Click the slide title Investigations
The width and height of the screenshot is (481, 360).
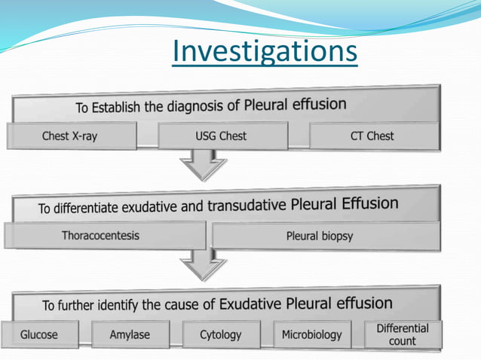click(264, 52)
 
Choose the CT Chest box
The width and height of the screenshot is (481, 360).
click(372, 136)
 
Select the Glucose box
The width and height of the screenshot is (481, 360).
click(39, 334)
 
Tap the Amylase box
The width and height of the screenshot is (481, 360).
click(130, 334)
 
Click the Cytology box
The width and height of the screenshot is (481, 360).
click(220, 334)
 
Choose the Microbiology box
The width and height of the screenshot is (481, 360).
click(311, 334)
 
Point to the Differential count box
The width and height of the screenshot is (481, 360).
click(402, 334)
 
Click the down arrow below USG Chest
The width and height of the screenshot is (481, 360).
click(203, 165)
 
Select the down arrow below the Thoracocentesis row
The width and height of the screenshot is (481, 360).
click(203, 264)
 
